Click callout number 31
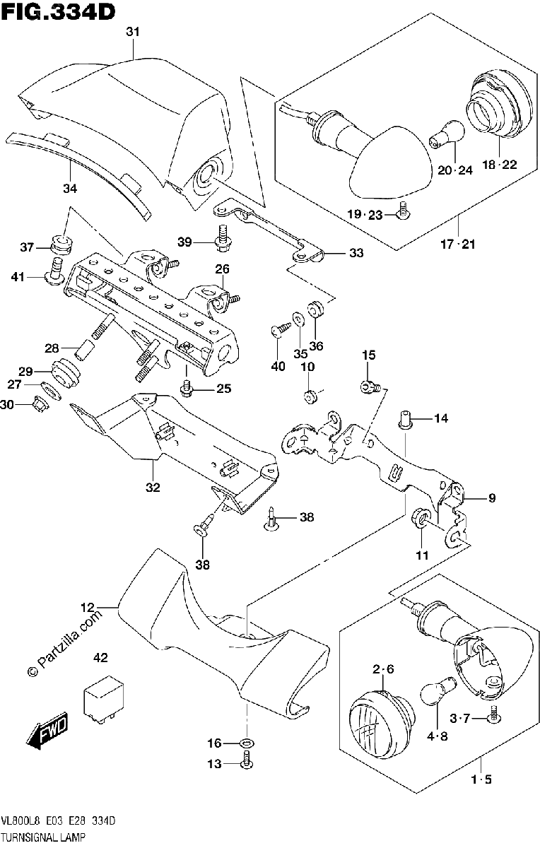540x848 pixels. point(133,32)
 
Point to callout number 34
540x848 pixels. point(70,188)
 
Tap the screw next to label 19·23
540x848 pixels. point(404,211)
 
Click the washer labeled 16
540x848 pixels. point(247,743)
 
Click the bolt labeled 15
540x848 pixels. point(370,387)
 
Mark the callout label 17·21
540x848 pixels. point(457,245)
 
